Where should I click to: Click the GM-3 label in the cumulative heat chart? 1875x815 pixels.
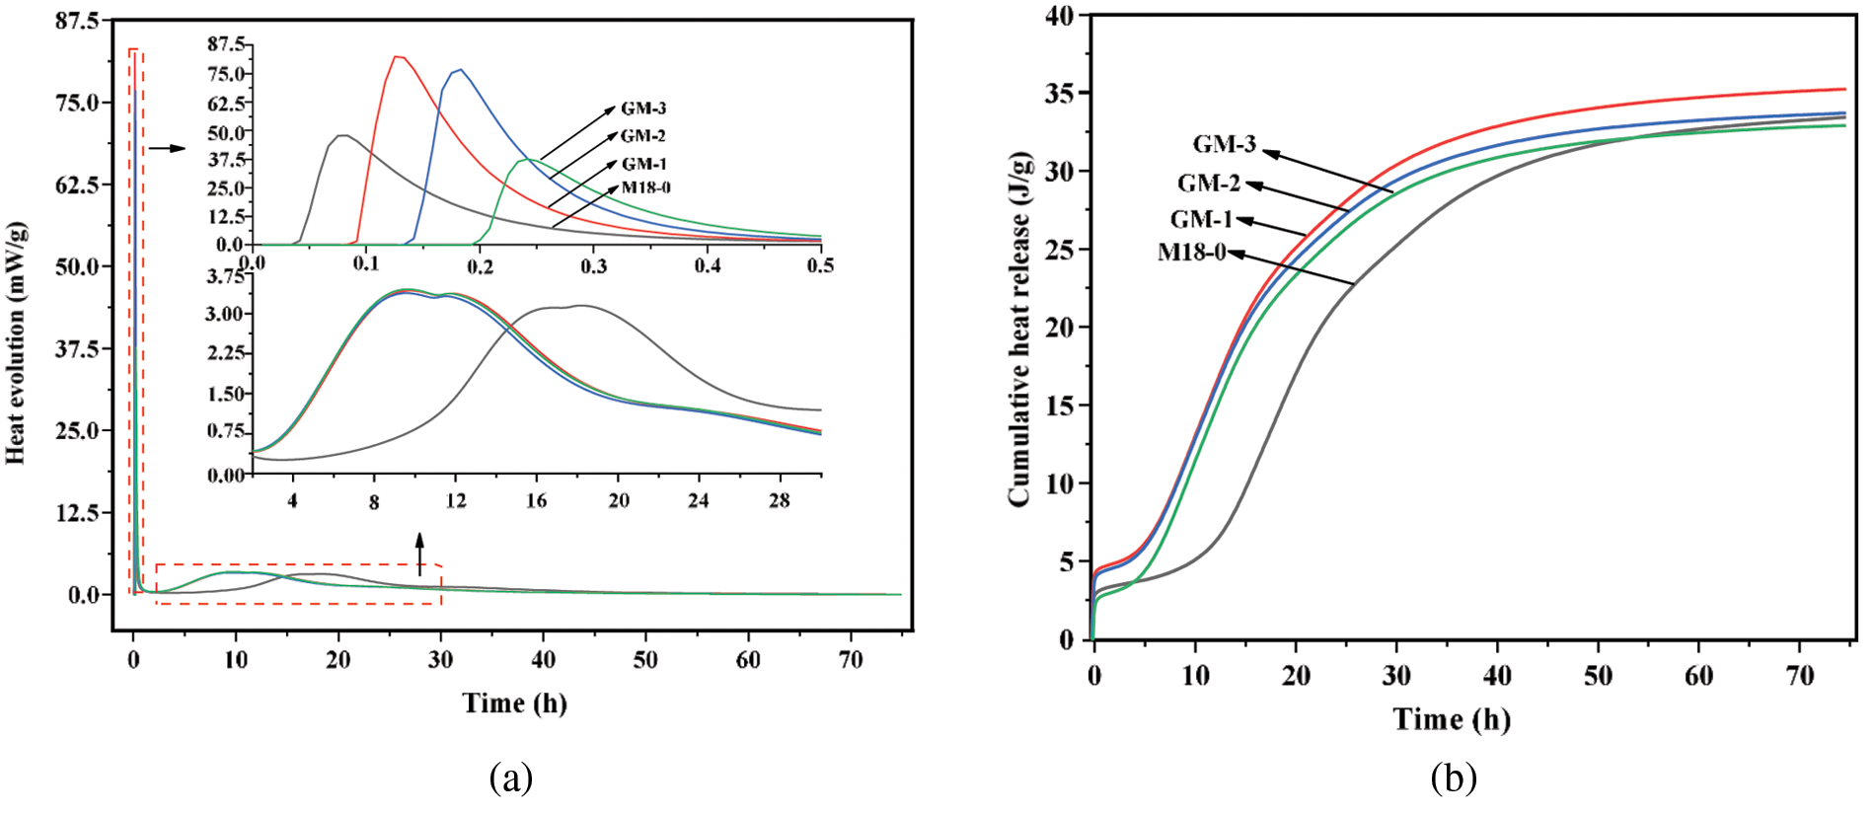pyautogui.click(x=1224, y=144)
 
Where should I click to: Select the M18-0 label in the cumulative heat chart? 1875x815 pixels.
pyautogui.click(x=1191, y=253)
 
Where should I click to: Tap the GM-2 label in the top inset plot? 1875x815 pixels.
pyautogui.click(x=642, y=135)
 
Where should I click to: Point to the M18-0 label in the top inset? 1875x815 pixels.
pyautogui.click(x=645, y=187)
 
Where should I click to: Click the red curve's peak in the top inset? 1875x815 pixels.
pyautogui.click(x=397, y=56)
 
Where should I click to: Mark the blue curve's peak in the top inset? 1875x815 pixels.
pyautogui.click(x=459, y=69)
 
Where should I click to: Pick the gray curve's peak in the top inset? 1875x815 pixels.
pyautogui.click(x=342, y=135)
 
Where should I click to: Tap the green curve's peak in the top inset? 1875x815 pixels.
pyautogui.click(x=528, y=159)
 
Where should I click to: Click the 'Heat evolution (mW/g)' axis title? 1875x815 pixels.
pyautogui.click(x=16, y=342)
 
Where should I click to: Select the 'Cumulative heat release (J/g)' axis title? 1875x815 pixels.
pyautogui.click(x=1018, y=330)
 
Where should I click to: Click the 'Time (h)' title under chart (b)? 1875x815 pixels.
pyautogui.click(x=1451, y=719)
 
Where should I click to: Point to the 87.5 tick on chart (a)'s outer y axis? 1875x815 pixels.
pyautogui.click(x=77, y=21)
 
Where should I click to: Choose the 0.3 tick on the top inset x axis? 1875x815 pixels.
pyautogui.click(x=593, y=265)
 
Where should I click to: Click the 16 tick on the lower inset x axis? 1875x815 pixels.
pyautogui.click(x=536, y=501)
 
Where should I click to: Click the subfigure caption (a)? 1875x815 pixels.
pyautogui.click(x=511, y=778)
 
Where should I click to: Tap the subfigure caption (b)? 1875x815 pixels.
pyautogui.click(x=1454, y=778)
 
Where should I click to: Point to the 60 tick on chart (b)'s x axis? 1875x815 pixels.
pyautogui.click(x=1698, y=676)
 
